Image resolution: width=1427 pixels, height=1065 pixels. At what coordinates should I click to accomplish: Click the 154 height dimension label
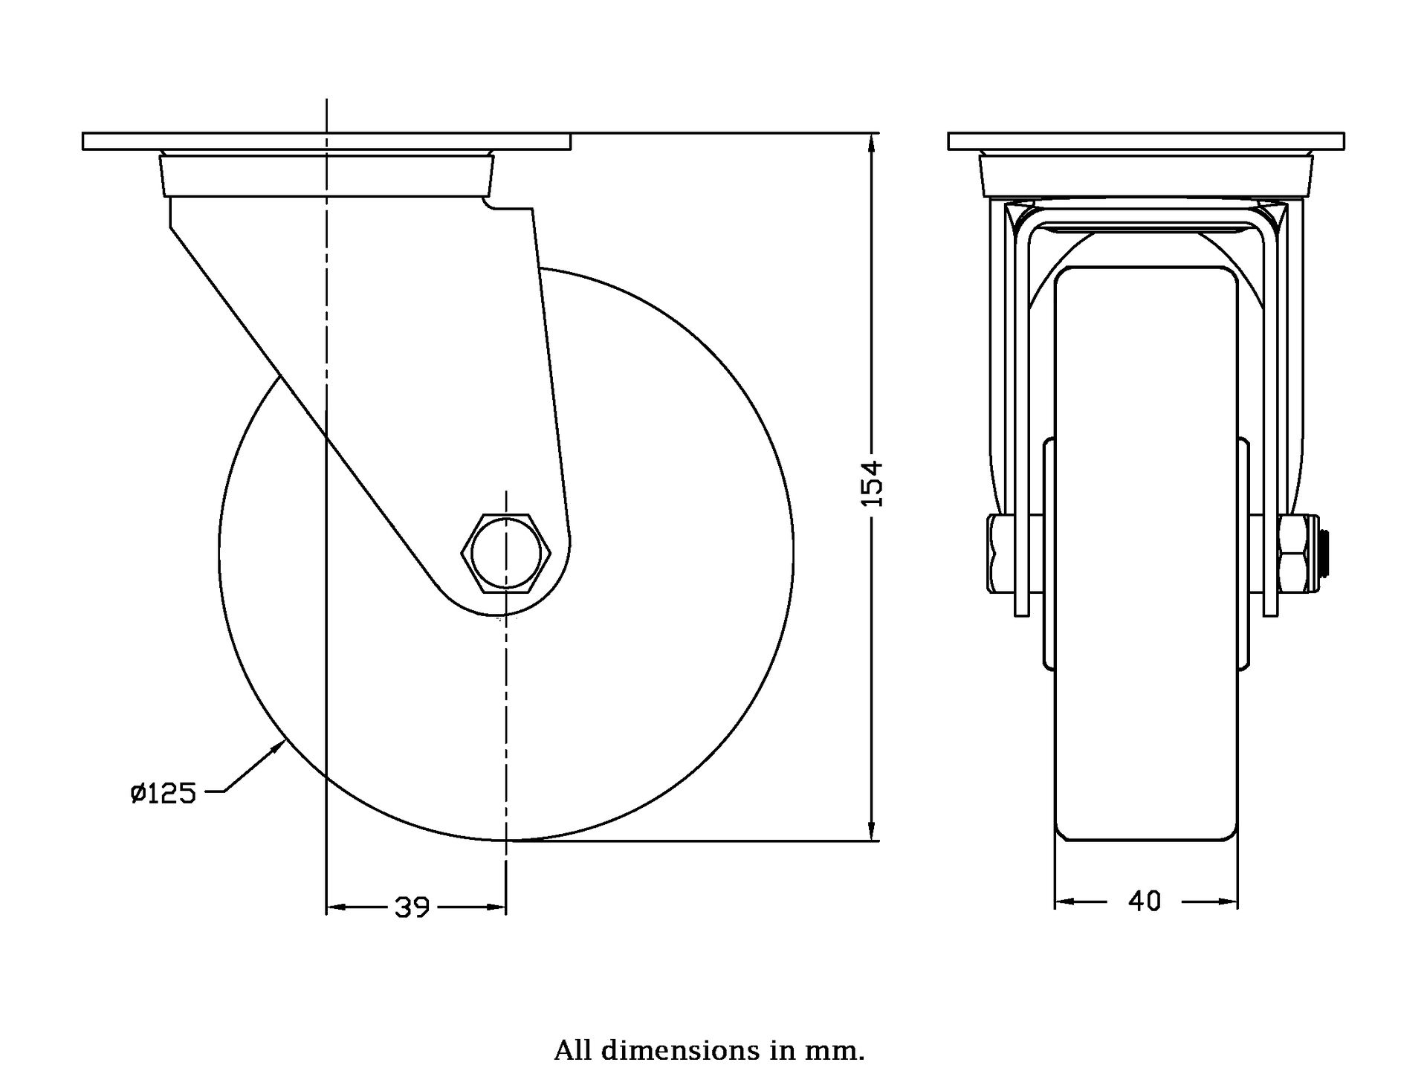point(873,483)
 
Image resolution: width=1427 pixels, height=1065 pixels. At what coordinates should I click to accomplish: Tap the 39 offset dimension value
point(412,907)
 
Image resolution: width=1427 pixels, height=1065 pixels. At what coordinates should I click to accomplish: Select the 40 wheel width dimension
point(1145,901)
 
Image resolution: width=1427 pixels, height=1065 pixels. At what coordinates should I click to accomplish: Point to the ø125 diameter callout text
point(163,794)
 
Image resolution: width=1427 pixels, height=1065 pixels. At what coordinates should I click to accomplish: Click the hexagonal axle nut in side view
point(505,552)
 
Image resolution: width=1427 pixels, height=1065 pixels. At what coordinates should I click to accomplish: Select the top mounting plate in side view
point(326,141)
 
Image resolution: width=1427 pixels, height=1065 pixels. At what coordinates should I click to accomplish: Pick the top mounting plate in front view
point(1146,141)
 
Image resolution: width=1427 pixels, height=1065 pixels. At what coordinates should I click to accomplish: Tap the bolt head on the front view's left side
point(1002,554)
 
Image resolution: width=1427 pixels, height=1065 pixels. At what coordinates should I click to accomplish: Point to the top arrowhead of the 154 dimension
point(872,143)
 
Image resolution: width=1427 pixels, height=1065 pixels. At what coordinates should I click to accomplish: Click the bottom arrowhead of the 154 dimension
point(872,831)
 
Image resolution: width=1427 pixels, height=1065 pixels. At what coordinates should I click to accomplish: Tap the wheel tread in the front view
point(1146,554)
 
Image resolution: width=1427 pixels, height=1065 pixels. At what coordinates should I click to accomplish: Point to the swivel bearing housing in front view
point(1146,174)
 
